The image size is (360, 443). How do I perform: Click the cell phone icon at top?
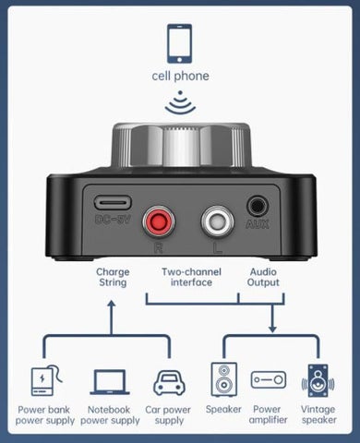[x=180, y=42]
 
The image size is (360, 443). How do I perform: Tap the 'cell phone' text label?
[x=180, y=76]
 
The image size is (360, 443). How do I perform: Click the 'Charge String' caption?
[x=112, y=278]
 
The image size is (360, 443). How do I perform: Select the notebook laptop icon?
[x=109, y=382]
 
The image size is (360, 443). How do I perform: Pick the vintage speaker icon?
[x=317, y=379]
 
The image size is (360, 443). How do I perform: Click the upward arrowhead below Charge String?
[x=112, y=301]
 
